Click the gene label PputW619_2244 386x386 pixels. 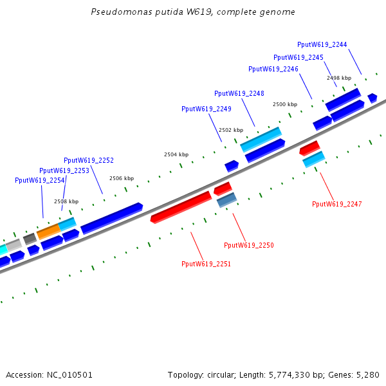[x=322, y=44]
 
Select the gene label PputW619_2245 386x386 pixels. [x=299, y=57]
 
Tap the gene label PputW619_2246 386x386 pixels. [x=273, y=69]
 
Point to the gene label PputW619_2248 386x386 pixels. [x=239, y=93]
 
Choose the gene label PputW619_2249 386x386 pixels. [x=207, y=109]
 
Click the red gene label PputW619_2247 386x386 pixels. [x=337, y=204]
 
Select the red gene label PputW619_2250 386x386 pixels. [x=249, y=245]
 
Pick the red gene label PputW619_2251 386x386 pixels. [x=206, y=264]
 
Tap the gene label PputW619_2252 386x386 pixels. [x=89, y=160]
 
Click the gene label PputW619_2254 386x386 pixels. [x=40, y=180]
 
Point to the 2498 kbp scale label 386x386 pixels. [x=339, y=78]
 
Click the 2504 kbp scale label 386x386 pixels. [x=176, y=154]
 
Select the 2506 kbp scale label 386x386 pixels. [x=122, y=178]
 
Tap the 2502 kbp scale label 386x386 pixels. [x=231, y=130]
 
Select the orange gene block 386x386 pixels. [x=48, y=231]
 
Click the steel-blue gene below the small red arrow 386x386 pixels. [x=226, y=201]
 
